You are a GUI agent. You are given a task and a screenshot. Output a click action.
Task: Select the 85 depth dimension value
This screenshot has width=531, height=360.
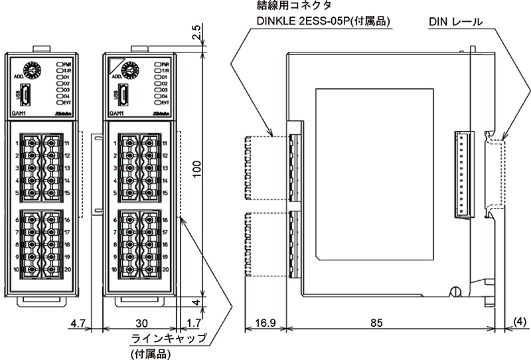tap(376, 324)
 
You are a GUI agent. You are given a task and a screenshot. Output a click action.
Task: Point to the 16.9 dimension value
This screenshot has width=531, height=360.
tap(264, 324)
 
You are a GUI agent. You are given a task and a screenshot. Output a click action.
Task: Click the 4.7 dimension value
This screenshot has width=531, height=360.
tap(78, 324)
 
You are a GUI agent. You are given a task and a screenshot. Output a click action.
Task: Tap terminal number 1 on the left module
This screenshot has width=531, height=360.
tap(15, 143)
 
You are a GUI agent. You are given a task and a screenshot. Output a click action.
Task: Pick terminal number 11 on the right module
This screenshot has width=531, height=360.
tap(165, 143)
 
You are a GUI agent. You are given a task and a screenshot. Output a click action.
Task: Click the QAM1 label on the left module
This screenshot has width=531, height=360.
tap(19, 114)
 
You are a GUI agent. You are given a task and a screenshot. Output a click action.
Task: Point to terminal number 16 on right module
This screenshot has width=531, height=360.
tap(165, 219)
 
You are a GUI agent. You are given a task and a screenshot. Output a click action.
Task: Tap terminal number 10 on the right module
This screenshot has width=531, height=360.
tap(114, 270)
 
